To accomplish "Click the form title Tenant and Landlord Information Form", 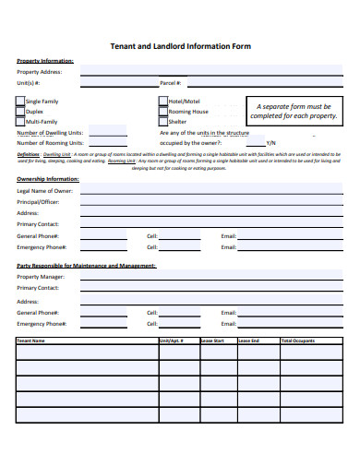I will pos(180,44).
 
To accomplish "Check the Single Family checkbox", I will pos(21,101).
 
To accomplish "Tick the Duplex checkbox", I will pos(21,111).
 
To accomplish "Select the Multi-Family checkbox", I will pos(21,121).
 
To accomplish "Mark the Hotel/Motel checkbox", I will pos(162,101).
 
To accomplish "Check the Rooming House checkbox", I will pos(162,111).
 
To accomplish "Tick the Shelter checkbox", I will pos(162,121).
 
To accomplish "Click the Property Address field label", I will pos(40,71).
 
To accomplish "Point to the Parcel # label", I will pos(170,82).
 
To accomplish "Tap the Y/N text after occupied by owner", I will pos(270,143).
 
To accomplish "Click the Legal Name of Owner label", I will pos(44,191).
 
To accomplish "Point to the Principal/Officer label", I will pos(39,202).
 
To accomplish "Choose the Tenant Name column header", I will pos(31,341).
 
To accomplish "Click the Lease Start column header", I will pos(213,341).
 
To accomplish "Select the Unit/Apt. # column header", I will pos(172,341).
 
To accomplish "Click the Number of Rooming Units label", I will pos(50,143).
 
